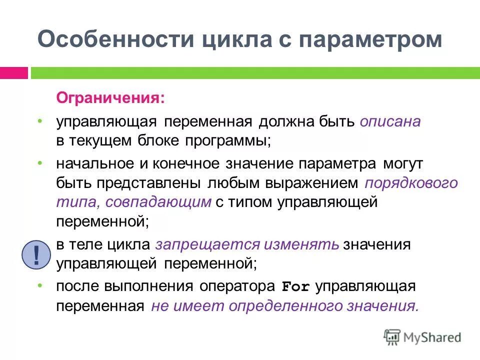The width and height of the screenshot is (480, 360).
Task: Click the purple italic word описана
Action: [x=390, y=121]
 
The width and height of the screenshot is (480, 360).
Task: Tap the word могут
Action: [x=403, y=163]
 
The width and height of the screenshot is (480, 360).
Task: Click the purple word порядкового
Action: [x=411, y=182]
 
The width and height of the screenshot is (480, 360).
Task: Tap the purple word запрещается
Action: [x=208, y=244]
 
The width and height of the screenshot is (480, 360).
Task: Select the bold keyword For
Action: [x=296, y=287]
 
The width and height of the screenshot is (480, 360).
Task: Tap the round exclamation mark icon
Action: [x=36, y=254]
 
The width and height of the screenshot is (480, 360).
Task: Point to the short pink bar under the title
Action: [x=14, y=73]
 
